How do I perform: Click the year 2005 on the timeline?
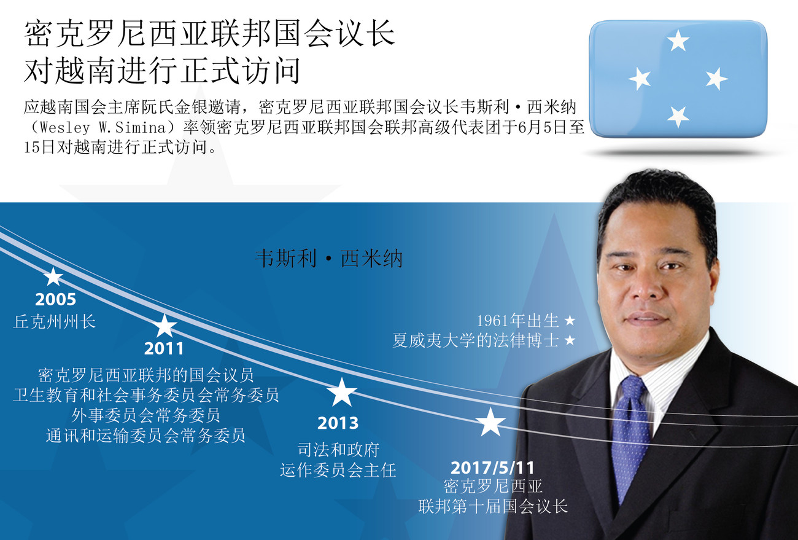55,300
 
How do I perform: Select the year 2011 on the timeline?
164,349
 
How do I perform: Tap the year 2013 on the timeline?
338,423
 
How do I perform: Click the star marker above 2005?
53,276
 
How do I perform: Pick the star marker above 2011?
165,326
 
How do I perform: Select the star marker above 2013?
342,393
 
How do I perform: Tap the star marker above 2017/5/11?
490,422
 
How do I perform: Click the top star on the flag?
678,41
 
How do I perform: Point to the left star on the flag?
640,78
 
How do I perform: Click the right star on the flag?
716,78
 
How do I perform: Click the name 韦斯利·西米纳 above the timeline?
328,259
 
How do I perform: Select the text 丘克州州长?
55,321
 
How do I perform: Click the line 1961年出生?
518,320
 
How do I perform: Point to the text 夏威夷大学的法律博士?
476,340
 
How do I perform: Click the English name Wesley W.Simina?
100,129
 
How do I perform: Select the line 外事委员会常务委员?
145,415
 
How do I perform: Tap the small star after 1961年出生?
570,320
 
